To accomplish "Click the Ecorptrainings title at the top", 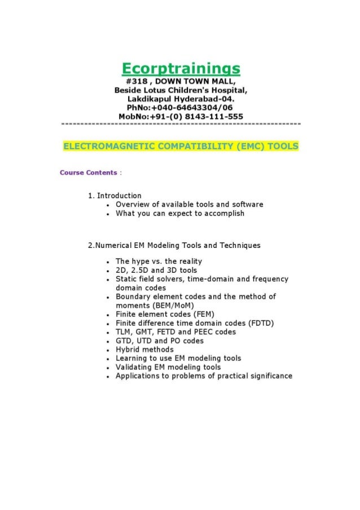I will [x=181, y=69].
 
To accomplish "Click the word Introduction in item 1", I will [x=119, y=196].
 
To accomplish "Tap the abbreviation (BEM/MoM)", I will [x=168, y=306].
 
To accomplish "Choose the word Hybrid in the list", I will [x=128, y=350].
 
